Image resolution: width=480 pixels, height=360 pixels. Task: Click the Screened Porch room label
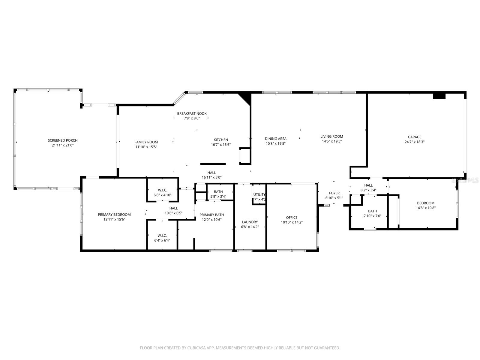[x=63, y=140]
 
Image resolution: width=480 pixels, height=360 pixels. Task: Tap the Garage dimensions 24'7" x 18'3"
[x=414, y=142]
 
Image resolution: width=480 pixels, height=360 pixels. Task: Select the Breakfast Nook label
[x=192, y=113]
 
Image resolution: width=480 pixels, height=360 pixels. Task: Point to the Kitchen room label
[x=221, y=140]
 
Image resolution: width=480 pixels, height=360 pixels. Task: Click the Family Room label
[x=146, y=142]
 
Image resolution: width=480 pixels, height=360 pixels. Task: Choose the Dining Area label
[x=275, y=139]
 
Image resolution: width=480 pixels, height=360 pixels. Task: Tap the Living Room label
[x=331, y=136]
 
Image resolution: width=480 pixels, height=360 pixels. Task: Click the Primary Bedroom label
[x=114, y=214]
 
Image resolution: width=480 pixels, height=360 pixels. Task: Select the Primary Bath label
[x=211, y=215]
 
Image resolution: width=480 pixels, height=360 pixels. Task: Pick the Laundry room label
[x=250, y=222]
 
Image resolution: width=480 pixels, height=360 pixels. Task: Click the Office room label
[x=292, y=217]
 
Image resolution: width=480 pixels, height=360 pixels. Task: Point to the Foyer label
[x=334, y=193]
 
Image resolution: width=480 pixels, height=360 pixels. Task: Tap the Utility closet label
[x=259, y=194]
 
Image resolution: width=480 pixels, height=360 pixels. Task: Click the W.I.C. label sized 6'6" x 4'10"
[x=162, y=190]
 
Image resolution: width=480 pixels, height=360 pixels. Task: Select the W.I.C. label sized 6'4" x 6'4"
[x=162, y=235]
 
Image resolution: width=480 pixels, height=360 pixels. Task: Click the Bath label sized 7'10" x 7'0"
[x=372, y=211]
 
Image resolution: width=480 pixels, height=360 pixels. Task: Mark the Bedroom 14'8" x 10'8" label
[x=425, y=203]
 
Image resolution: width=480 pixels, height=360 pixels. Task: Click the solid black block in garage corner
[x=439, y=96]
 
